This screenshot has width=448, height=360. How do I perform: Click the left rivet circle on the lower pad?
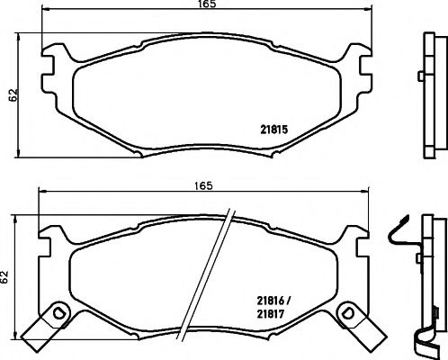tap(59, 314)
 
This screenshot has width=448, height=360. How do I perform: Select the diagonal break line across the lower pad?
tap(218, 270)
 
